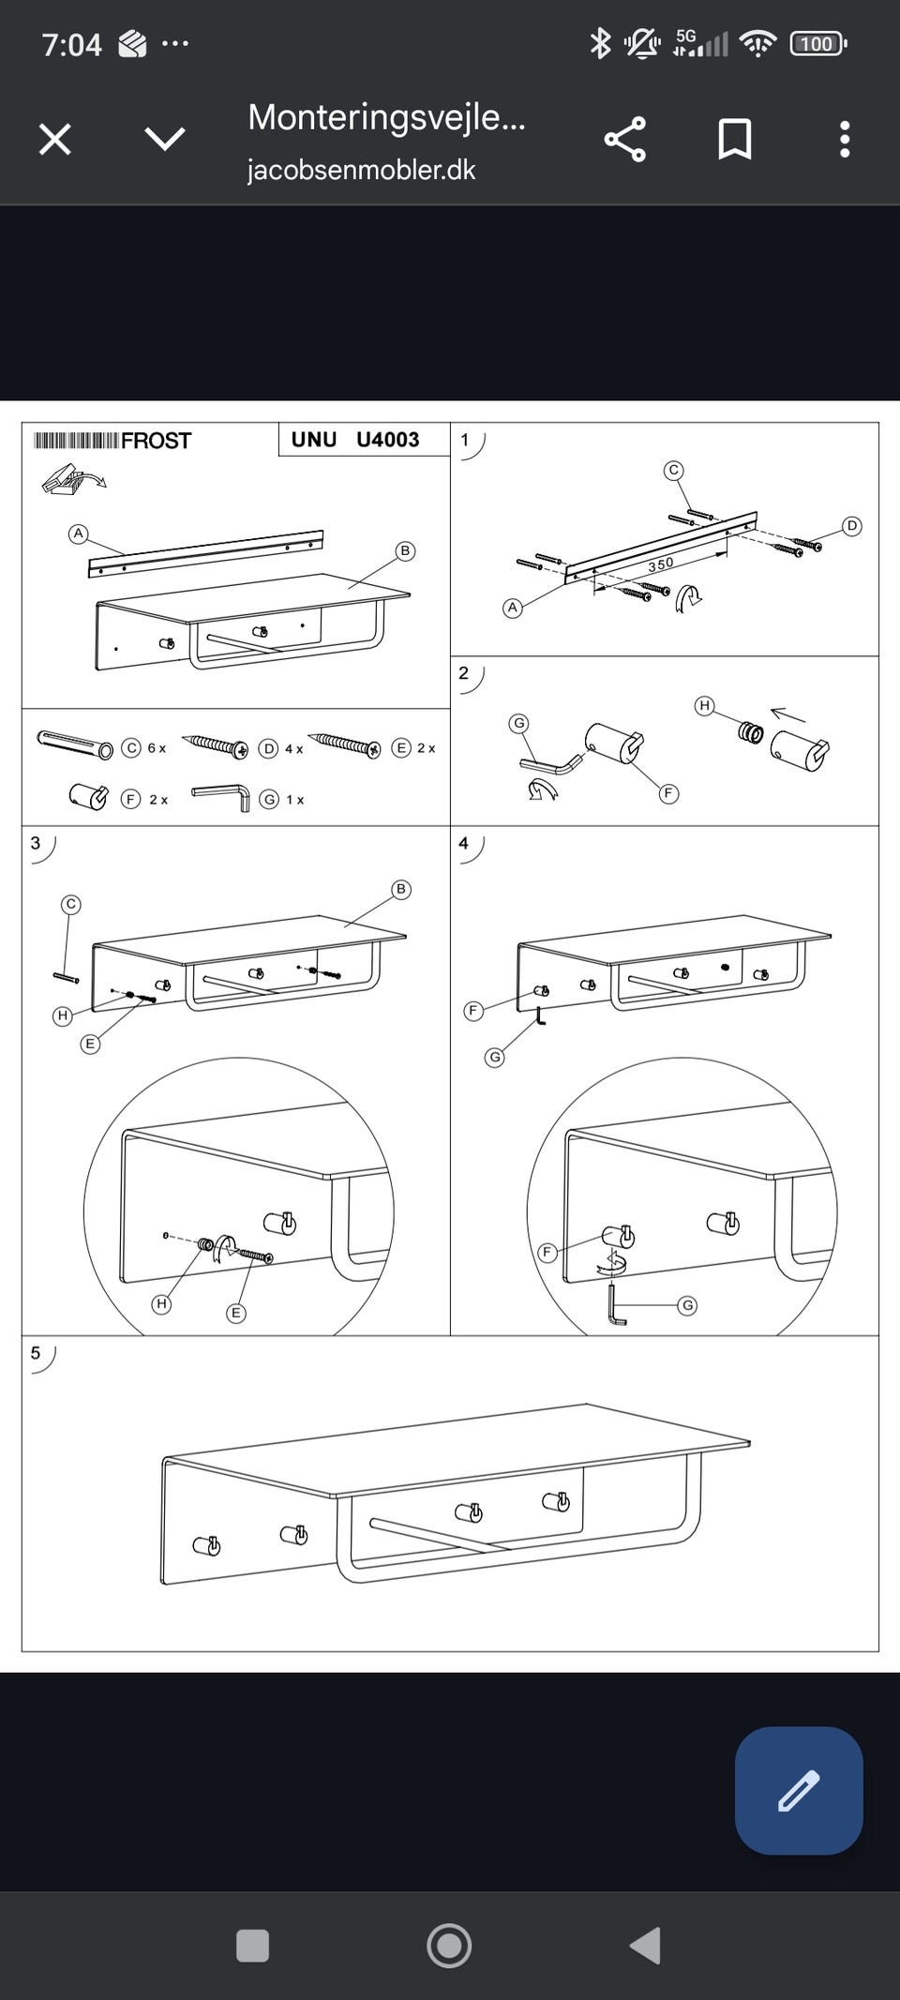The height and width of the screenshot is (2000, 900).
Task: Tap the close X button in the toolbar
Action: coord(54,140)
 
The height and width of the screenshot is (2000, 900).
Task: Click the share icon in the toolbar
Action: coord(625,140)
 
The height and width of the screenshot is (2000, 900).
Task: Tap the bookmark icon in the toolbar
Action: coord(734,140)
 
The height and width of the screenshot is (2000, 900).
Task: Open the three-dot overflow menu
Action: coord(845,140)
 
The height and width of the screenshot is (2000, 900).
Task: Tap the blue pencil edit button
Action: coord(799,1790)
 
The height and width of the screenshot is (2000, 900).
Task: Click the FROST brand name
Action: coord(156,441)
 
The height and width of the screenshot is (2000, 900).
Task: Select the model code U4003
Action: coord(387,440)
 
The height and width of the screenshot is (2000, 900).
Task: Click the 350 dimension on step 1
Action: coord(661,564)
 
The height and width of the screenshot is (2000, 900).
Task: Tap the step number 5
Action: coord(36,1353)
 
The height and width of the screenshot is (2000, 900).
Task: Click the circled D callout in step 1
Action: coord(851,526)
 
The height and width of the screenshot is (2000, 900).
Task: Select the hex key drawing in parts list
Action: coord(222,797)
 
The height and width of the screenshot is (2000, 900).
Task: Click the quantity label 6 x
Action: coord(157,748)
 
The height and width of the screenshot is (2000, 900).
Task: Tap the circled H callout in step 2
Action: coord(704,705)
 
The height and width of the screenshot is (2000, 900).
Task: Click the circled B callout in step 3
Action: coord(401,889)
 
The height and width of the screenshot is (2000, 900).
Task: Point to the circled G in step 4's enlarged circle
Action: coord(687,1305)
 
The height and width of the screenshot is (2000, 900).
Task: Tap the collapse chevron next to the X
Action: coord(165,140)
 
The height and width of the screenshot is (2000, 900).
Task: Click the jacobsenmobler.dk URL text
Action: coord(361,170)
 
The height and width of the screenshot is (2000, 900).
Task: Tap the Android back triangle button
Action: coord(645,1946)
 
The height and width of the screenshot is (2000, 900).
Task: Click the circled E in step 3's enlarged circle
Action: coord(236,1313)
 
